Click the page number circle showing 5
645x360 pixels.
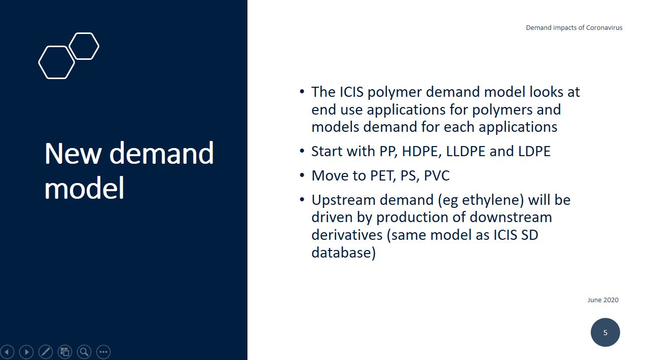pos(605,332)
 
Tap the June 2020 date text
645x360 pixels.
pos(603,300)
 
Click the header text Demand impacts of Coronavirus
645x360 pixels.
pos(574,28)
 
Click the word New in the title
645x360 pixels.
pos(73,154)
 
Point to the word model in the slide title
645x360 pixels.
pos(84,188)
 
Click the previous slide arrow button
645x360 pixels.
pos(7,352)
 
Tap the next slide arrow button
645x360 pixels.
pos(26,352)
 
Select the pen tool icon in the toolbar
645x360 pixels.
pos(46,352)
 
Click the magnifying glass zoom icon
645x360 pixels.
pos(84,352)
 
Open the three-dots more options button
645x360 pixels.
pos(103,352)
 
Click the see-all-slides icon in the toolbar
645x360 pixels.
pos(65,352)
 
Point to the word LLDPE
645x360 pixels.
pos(465,152)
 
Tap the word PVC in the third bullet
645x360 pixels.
pos(437,175)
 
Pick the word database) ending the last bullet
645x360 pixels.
pos(343,253)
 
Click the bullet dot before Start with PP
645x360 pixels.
pos(302,151)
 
